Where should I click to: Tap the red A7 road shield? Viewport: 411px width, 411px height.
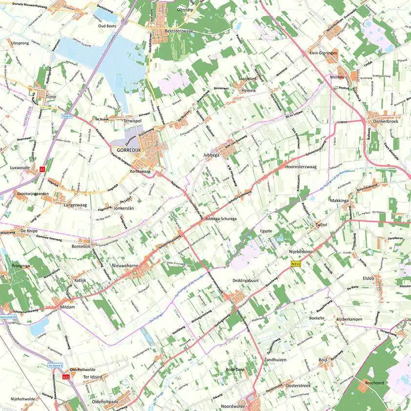point(42,169)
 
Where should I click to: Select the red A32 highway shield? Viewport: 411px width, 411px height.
point(66,377)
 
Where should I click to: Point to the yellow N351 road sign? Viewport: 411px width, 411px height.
point(295,264)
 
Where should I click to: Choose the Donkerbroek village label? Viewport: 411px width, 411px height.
point(386,122)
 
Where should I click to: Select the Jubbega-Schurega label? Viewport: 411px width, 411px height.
point(221,219)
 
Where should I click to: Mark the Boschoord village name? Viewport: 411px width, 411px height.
point(375,383)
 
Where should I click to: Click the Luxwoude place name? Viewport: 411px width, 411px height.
point(20,167)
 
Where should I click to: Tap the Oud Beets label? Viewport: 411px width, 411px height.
point(106,26)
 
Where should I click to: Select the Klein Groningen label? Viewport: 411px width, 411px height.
point(323,53)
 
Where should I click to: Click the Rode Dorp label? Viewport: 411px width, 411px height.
point(236,369)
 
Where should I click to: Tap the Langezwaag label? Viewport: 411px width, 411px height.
point(75,205)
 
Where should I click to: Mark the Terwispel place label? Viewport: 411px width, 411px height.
point(132,120)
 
